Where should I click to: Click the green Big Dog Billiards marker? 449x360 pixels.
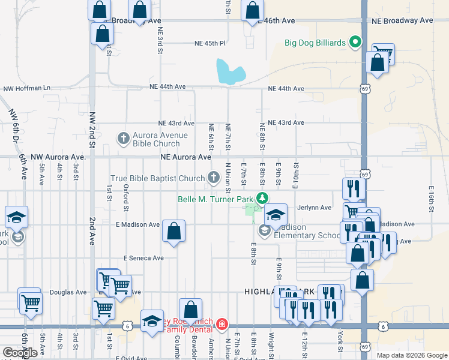click(x=355, y=42)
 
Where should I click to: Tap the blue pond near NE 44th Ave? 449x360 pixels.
click(x=231, y=72)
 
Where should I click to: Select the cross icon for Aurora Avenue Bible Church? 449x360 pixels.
click(x=124, y=139)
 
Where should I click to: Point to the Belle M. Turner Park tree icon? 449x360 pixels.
click(x=262, y=198)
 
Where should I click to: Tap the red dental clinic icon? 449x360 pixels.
click(x=223, y=324)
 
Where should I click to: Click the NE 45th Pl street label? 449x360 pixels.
click(x=209, y=43)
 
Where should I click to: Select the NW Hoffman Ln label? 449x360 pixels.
click(x=27, y=88)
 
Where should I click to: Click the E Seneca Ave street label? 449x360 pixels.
click(x=143, y=258)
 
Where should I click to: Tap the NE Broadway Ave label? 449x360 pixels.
click(x=402, y=20)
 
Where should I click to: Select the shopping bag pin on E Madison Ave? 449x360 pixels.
click(x=173, y=231)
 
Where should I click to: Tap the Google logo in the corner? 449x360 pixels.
click(x=20, y=353)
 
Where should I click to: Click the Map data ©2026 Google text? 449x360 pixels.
click(x=411, y=355)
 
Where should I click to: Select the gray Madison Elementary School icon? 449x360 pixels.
click(x=264, y=230)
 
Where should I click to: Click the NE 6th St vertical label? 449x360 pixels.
click(x=211, y=137)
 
